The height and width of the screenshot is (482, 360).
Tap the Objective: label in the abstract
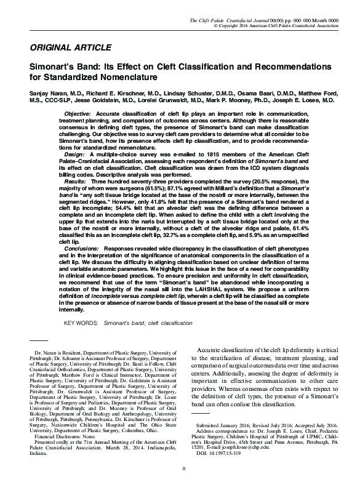point(77,114)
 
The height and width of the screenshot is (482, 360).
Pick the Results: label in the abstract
point(75,182)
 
